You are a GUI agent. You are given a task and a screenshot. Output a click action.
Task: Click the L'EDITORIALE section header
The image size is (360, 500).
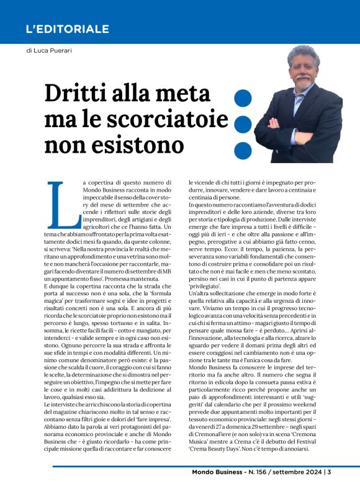[x=67, y=29]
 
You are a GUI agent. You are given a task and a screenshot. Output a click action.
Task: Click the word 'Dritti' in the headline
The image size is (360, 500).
[x=81, y=94]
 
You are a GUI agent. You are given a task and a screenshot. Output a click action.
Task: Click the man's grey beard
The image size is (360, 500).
[x=303, y=81]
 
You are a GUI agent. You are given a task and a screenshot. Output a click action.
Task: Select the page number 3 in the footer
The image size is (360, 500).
[x=329, y=489]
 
